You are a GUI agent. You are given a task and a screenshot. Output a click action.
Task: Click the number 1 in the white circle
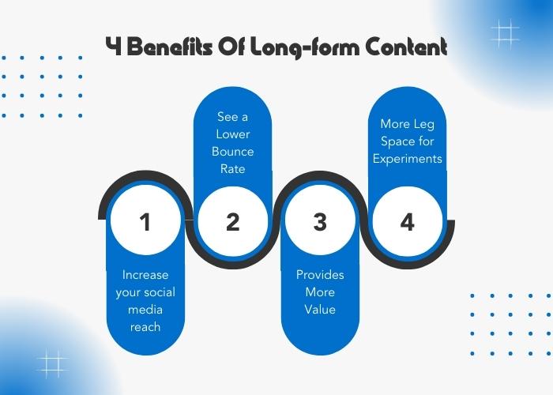[x=145, y=222]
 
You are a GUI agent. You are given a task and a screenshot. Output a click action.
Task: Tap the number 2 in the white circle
[x=232, y=222]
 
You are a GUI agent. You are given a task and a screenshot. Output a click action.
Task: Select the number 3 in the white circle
[x=320, y=222]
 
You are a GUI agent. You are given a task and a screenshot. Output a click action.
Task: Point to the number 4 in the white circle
[x=408, y=222]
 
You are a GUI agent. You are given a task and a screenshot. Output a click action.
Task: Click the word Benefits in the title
[x=170, y=46]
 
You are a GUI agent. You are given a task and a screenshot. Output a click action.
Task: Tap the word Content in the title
[x=406, y=46]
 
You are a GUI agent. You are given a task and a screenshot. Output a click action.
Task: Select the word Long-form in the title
[x=304, y=47]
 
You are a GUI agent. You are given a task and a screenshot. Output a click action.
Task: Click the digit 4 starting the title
[x=114, y=46]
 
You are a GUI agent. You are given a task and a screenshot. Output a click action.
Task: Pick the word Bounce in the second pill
[x=233, y=152]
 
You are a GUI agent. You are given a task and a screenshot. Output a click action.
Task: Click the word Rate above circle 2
[x=233, y=169]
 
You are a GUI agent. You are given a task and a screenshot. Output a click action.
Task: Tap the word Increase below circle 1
[x=145, y=275]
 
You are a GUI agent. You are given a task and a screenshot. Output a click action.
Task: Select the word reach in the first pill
[x=145, y=327]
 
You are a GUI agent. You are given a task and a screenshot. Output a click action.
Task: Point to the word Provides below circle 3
[x=320, y=275]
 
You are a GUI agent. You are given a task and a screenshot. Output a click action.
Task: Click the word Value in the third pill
[x=320, y=310]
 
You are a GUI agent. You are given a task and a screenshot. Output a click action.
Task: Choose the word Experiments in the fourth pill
[x=408, y=159]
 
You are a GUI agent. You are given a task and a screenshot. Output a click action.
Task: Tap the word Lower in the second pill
[x=233, y=134]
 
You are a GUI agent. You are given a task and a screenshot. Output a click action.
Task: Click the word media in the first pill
[x=145, y=310]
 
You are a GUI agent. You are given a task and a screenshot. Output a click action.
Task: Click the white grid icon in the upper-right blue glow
[x=505, y=34]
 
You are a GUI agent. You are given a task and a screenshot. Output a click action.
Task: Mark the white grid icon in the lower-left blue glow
[x=52, y=364]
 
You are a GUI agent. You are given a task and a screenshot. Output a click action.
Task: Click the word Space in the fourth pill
[x=397, y=141]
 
